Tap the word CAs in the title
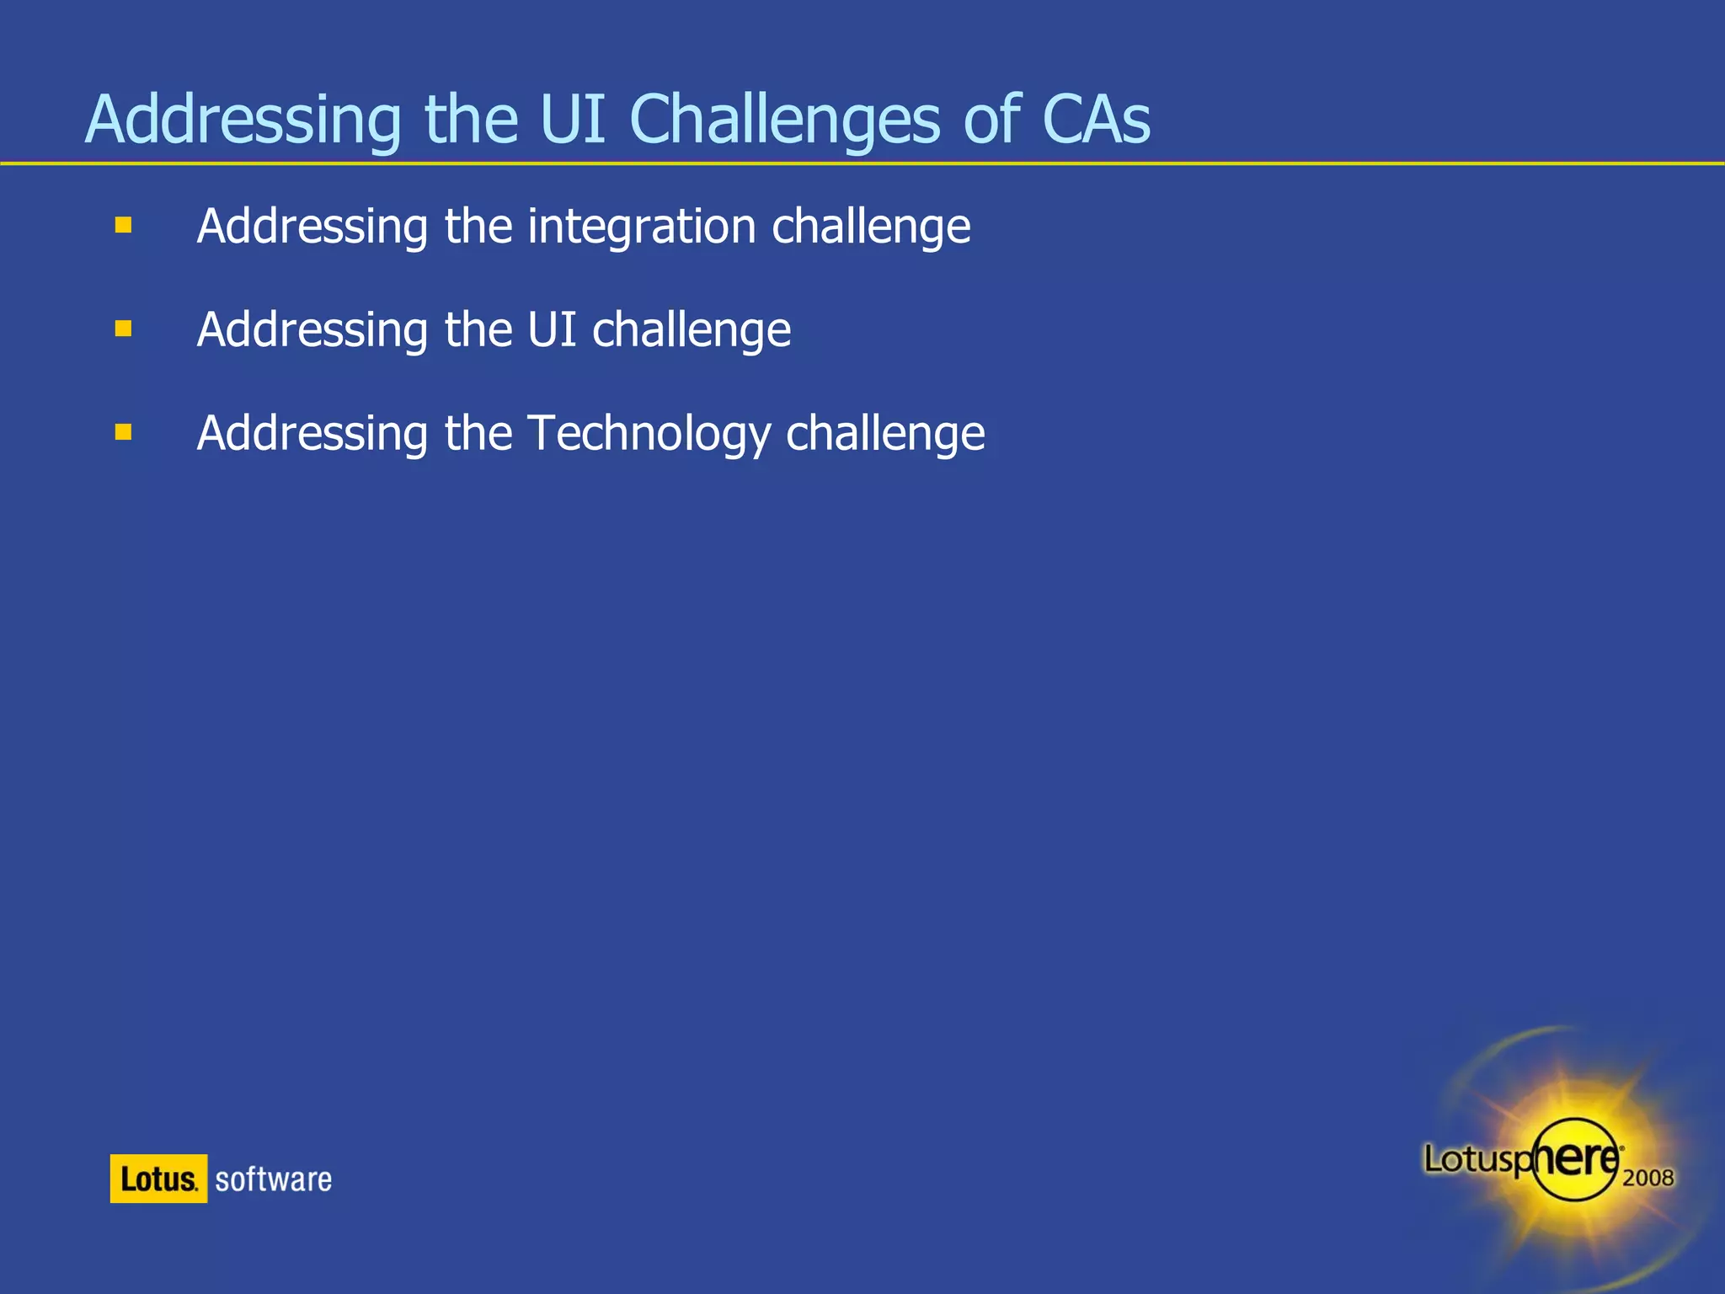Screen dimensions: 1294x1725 [1096, 120]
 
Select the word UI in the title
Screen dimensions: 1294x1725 [572, 120]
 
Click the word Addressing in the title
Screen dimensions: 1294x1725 [243, 120]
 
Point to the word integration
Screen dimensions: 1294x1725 [642, 227]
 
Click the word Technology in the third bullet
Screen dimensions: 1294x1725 [649, 433]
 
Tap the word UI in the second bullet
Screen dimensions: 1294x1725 [552, 329]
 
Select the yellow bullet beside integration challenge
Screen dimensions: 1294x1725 [124, 225]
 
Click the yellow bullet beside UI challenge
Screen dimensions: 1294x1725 [124, 329]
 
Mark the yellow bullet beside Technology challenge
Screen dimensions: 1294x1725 [124, 432]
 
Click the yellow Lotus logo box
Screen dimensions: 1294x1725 [158, 1179]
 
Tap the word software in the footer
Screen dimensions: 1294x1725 [273, 1179]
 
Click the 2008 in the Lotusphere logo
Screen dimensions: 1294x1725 [1648, 1177]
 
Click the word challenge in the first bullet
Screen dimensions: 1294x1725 [871, 227]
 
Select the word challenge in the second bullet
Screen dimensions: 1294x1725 [692, 329]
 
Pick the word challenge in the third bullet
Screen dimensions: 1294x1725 [885, 433]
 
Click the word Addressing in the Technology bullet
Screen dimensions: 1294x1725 [312, 433]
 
